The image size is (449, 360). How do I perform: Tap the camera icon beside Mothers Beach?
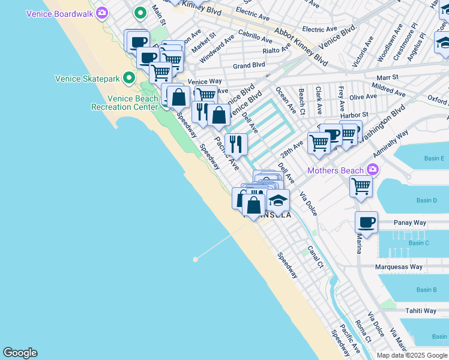coord(373,170)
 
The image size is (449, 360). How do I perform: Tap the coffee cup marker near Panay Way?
coord(366,223)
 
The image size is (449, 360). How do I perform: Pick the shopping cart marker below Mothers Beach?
coord(361,186)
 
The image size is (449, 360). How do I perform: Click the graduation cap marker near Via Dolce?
coord(278,200)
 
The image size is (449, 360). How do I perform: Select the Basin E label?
coord(434,158)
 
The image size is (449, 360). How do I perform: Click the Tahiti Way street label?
coord(421,311)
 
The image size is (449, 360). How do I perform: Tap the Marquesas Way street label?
coord(399,267)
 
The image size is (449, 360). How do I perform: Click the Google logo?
coord(20,353)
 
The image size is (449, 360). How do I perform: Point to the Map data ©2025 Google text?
coord(412,355)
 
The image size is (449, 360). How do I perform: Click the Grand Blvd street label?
coord(249,65)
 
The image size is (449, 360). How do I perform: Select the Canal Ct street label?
coord(316,256)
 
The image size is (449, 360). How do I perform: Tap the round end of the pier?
coord(195,259)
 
